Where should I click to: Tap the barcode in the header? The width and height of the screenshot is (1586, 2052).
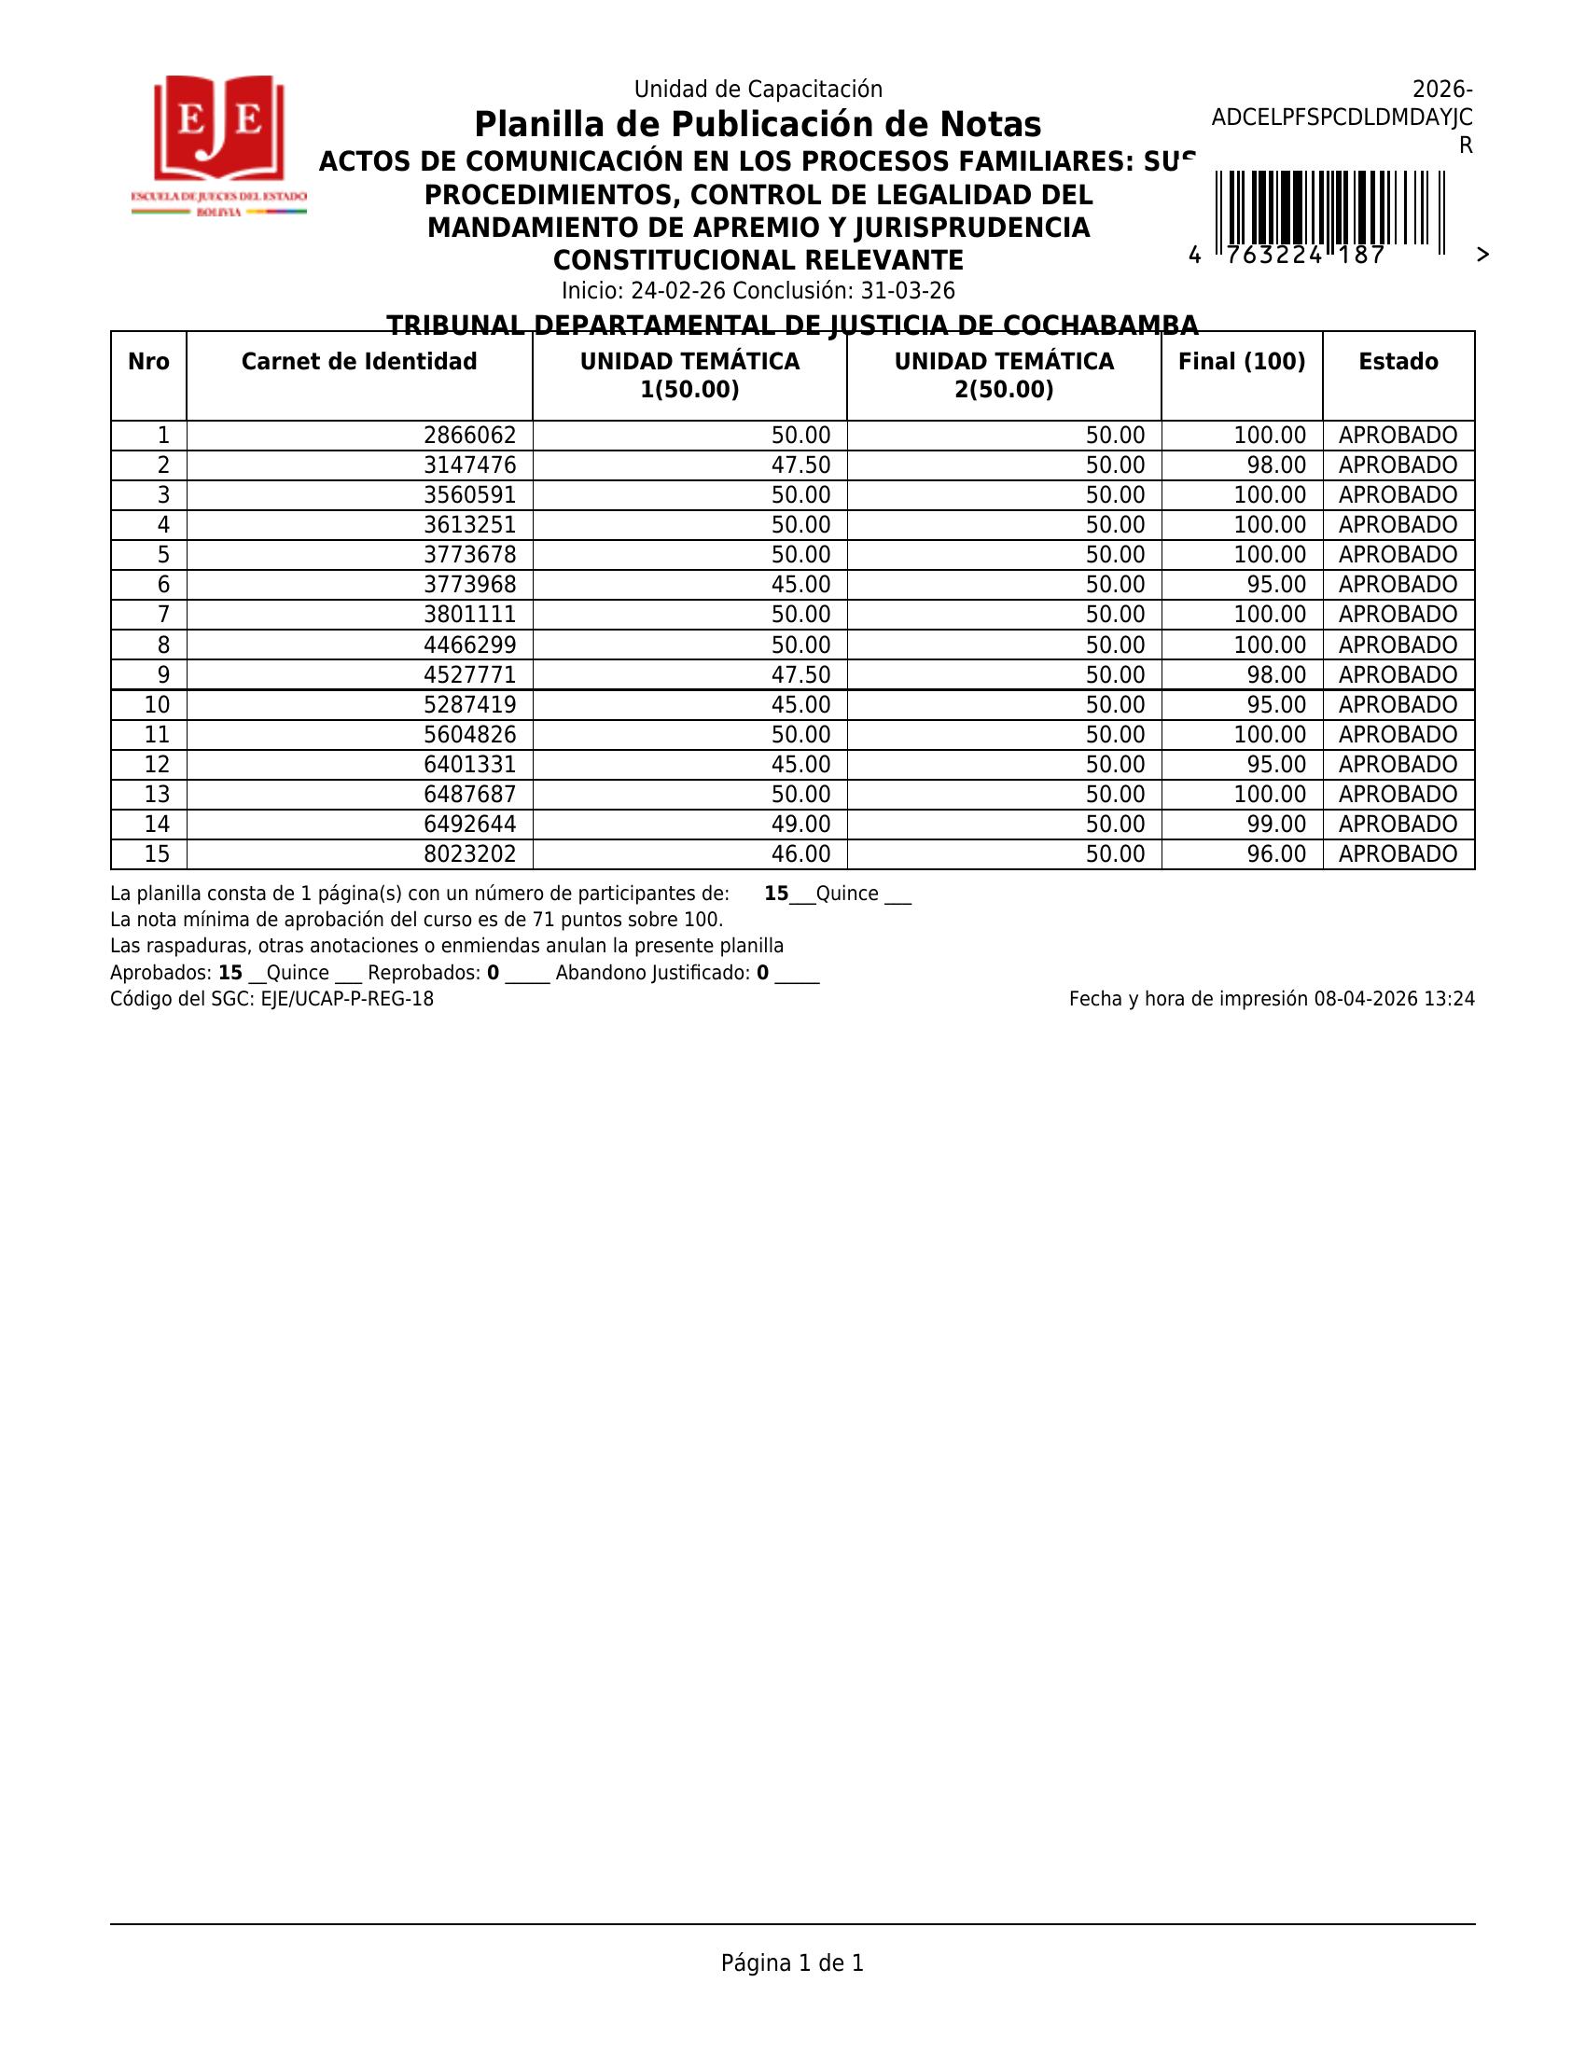[x=1329, y=209]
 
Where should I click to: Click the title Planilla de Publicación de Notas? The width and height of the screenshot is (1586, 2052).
[x=758, y=125]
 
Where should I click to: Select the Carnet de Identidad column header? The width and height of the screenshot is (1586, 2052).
[x=359, y=362]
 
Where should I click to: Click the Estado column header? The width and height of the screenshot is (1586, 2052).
[x=1398, y=362]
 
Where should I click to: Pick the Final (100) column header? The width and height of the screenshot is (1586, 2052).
[x=1241, y=362]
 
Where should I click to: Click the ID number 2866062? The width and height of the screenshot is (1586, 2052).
[x=470, y=436]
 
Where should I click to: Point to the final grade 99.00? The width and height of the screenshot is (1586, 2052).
[x=1276, y=825]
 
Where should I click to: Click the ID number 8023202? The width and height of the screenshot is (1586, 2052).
[x=470, y=854]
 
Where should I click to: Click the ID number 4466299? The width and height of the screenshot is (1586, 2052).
[x=470, y=645]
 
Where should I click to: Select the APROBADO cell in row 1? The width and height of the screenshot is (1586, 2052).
[x=1398, y=436]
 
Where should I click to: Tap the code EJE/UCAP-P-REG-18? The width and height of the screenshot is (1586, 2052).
[x=347, y=1000]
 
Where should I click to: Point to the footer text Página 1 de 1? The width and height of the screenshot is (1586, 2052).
[x=792, y=1962]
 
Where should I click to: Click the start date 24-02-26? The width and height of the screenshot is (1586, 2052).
[x=677, y=291]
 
